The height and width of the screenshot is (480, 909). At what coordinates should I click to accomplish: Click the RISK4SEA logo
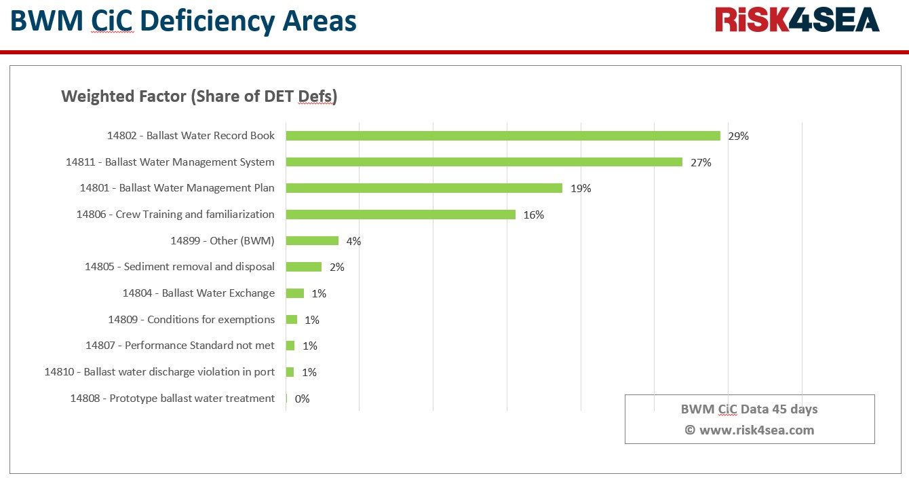797,20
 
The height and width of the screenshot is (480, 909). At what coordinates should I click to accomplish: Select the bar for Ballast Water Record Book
503,136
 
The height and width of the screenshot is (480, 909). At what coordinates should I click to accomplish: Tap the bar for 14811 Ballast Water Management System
484,162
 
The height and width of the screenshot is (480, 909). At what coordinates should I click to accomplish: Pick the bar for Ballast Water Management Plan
424,188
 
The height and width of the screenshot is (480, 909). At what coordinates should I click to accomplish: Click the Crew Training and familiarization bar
400,215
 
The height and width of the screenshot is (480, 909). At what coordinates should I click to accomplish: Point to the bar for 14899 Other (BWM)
312,241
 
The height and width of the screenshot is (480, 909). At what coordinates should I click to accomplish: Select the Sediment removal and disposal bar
303,267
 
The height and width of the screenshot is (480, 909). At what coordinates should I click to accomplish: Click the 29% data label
738,136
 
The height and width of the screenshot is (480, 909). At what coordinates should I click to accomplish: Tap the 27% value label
701,162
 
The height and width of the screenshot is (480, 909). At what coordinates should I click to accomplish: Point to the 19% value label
581,189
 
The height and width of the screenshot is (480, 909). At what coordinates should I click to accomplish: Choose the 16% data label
534,215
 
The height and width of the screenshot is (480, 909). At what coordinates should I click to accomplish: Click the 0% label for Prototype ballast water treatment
302,399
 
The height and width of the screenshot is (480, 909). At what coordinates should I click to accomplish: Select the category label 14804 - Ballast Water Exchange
199,293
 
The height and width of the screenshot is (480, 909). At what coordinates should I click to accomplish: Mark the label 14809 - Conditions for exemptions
191,320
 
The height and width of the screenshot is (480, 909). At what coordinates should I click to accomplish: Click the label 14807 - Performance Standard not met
180,346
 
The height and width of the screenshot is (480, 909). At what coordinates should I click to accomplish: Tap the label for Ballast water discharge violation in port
159,372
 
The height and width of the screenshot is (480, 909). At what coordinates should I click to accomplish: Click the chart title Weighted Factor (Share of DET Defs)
199,96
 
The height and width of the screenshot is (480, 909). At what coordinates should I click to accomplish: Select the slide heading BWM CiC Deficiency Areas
183,22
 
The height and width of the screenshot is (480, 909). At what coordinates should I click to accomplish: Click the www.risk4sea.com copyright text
749,430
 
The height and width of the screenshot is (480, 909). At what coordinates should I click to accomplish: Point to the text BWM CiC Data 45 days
749,409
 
